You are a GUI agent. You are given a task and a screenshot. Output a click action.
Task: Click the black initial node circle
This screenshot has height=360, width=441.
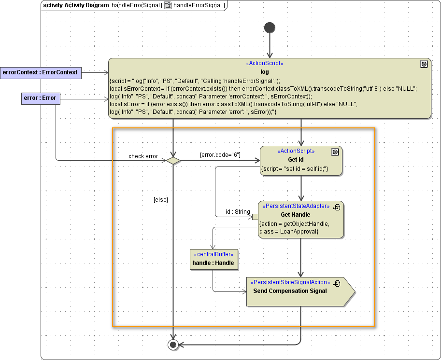point(270,28)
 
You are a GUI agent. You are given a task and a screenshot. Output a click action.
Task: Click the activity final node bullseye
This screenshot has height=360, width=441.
point(173,344)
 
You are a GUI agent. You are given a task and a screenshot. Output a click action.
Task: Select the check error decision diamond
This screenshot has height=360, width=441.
point(173,160)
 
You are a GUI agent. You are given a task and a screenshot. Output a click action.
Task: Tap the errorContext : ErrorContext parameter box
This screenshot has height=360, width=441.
point(40,72)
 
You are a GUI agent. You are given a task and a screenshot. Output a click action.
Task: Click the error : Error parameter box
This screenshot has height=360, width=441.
point(40,98)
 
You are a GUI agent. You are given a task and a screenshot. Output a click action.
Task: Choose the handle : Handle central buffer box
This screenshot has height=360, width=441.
point(213,259)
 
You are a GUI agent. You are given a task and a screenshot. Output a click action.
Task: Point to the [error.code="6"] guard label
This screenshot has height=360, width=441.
point(220,154)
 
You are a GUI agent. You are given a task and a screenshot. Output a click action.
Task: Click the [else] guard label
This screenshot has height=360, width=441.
point(160,199)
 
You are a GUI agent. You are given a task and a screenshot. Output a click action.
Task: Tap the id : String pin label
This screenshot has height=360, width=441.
point(238,211)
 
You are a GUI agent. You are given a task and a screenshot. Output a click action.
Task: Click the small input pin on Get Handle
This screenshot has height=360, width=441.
point(255,217)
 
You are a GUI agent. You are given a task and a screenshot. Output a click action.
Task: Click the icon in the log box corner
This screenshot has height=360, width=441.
point(424,64)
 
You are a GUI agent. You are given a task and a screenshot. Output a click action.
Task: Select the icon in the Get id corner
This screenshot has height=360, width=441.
point(335,152)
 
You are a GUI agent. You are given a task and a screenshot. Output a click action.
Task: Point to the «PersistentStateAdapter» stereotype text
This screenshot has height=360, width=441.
point(294,206)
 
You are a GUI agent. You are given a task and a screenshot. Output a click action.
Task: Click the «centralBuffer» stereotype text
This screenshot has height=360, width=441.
point(213,254)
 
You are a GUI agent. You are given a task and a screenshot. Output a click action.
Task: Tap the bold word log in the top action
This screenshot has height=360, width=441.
point(265,72)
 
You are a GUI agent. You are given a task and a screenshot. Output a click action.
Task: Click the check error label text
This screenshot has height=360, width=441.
point(143,156)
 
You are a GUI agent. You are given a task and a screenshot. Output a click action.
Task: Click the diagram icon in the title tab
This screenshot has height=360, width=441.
point(169,5)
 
